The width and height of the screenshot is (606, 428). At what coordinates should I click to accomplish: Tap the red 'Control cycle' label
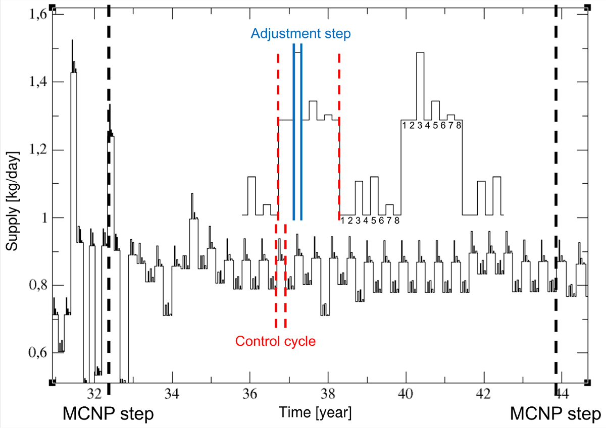[x=276, y=341]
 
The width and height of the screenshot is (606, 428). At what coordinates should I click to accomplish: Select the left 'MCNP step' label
[x=108, y=414]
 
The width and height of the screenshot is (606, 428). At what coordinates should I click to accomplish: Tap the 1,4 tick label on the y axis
[x=36, y=82]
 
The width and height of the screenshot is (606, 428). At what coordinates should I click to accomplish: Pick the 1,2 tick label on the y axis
[x=36, y=150]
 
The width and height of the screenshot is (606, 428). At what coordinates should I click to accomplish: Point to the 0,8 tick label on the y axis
[x=36, y=286]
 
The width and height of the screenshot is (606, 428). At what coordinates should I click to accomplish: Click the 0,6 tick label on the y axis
[x=36, y=354]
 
